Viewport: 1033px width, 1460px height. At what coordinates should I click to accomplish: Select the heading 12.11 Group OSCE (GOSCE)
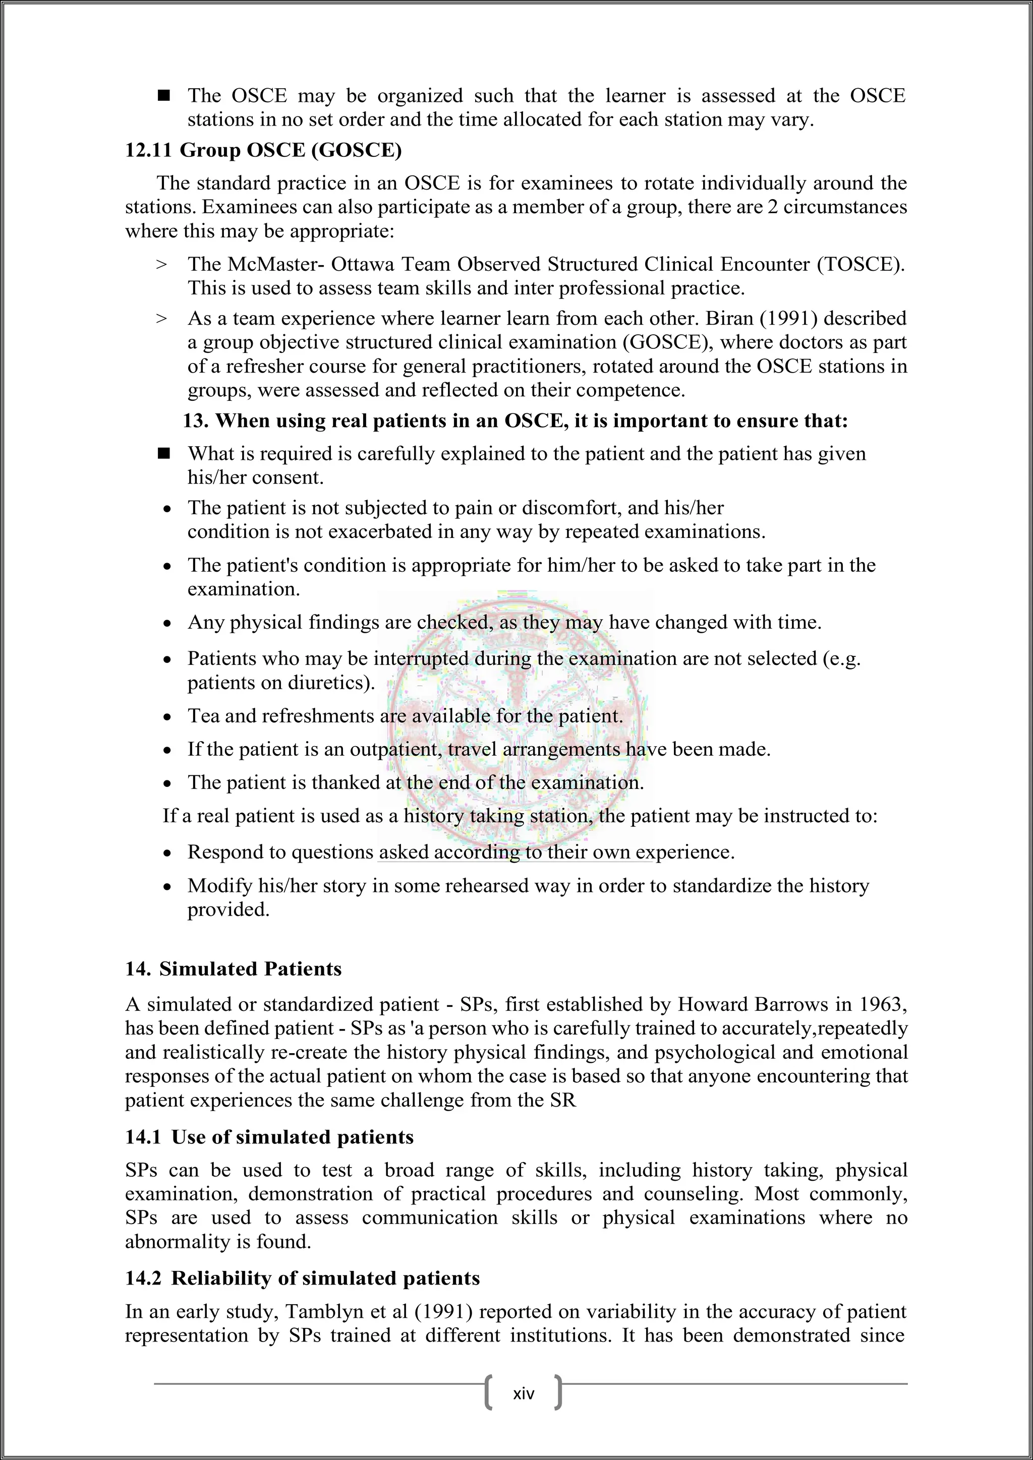pos(263,151)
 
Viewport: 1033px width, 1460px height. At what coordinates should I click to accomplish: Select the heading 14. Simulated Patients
pos(234,968)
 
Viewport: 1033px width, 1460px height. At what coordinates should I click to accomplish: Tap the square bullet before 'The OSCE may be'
pos(164,96)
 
